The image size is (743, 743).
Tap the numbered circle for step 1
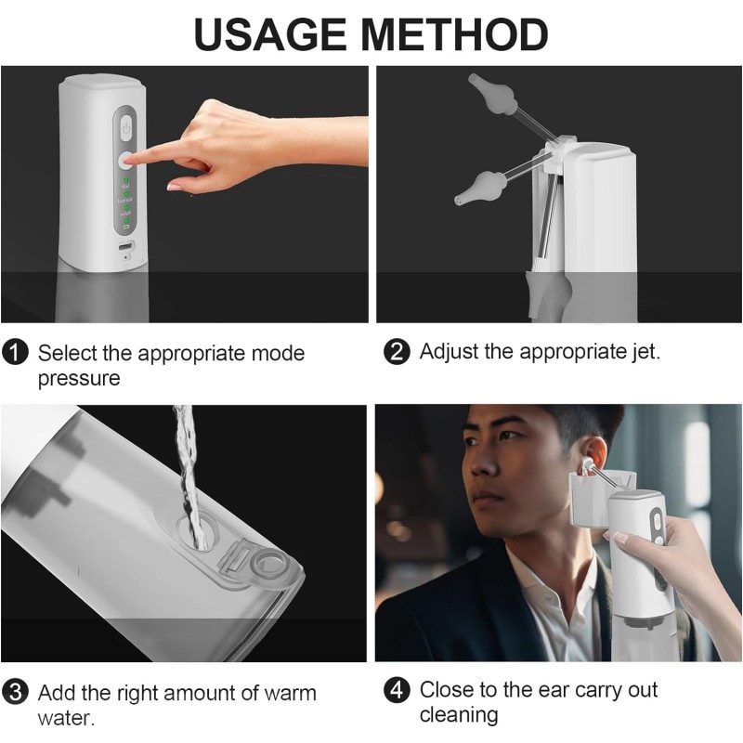[x=15, y=353]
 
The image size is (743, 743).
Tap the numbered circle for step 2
[x=397, y=353]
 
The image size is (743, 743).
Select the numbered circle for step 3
[x=15, y=693]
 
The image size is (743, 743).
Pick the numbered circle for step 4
[x=397, y=691]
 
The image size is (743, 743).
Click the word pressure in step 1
[x=79, y=379]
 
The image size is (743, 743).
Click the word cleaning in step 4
[x=458, y=715]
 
